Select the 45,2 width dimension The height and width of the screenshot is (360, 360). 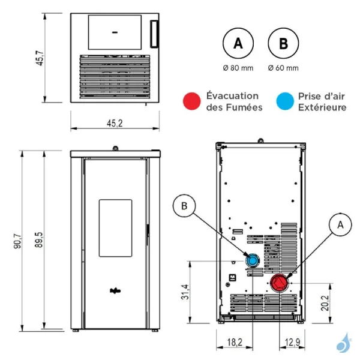click(115, 124)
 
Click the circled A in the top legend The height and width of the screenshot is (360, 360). click(238, 44)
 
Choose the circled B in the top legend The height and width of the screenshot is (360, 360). click(283, 44)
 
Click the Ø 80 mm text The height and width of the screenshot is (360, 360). click(238, 68)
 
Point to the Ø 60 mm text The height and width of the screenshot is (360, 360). click(283, 68)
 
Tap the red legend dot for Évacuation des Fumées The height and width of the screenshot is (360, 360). click(192, 101)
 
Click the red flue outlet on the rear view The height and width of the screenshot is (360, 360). click(278, 283)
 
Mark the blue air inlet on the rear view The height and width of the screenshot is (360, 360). click(252, 260)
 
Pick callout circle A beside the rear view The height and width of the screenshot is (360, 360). click(340, 224)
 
